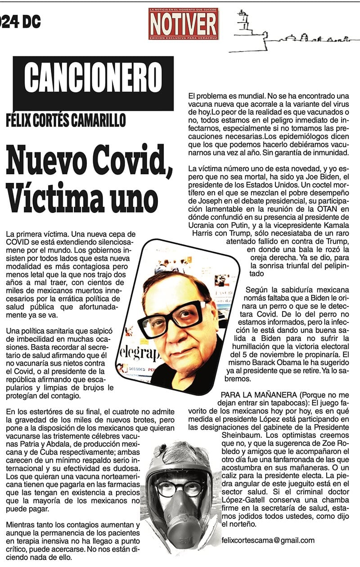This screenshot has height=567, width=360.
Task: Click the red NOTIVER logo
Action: [x=184, y=23]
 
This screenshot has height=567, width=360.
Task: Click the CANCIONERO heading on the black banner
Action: [x=93, y=77]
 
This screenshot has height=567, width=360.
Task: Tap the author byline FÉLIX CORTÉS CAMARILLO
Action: [x=66, y=120]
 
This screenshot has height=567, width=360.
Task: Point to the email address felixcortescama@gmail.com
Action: [x=268, y=540]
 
